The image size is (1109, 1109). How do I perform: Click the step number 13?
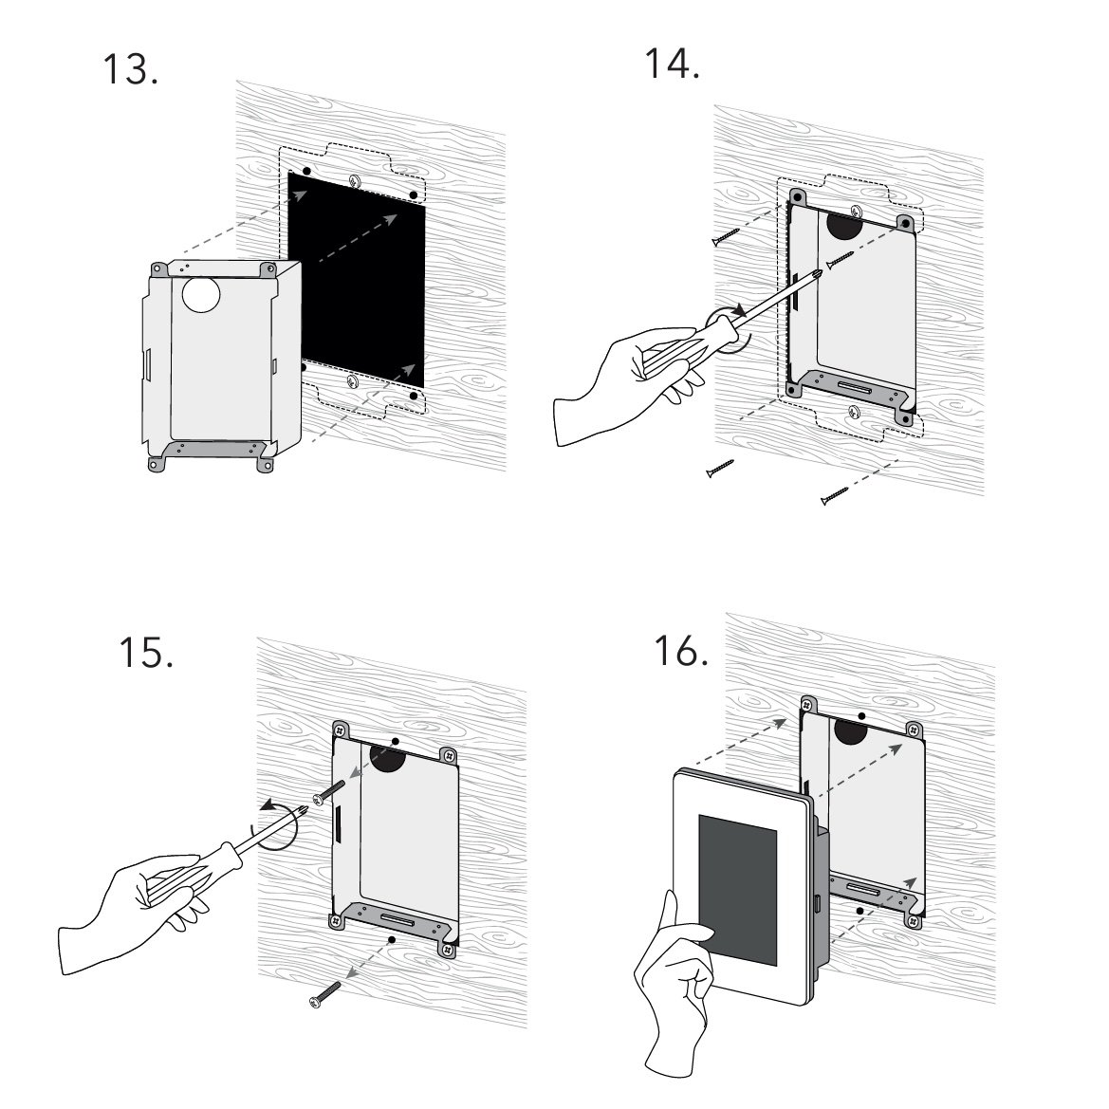[x=129, y=68]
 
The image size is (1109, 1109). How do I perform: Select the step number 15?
[x=144, y=653]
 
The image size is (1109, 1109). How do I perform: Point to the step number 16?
[x=680, y=651]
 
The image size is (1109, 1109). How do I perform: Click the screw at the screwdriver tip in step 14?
[x=839, y=259]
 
